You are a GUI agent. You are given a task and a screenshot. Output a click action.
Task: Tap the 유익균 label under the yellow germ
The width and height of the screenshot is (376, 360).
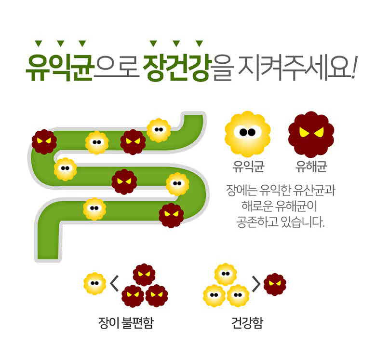point(248,166)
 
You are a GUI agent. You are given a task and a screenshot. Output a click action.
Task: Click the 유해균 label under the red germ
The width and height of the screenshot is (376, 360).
point(311,166)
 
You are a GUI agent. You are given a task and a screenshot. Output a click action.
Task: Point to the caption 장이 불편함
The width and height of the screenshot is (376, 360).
point(126,323)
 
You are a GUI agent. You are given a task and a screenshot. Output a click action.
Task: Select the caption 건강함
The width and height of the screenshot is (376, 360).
point(247,323)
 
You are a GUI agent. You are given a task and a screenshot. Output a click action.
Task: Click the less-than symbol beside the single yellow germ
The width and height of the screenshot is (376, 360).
point(114,283)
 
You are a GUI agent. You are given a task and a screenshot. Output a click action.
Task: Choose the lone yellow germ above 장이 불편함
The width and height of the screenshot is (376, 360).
point(94,283)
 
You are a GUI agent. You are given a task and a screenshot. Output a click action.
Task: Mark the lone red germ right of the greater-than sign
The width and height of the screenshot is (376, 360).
point(275,284)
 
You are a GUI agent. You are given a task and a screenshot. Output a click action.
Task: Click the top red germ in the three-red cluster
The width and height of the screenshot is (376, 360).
point(144,275)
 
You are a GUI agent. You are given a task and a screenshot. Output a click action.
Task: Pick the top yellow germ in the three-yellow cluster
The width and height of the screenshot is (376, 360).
point(226,274)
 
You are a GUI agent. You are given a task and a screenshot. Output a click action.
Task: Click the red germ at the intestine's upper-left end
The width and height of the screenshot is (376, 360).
point(44,142)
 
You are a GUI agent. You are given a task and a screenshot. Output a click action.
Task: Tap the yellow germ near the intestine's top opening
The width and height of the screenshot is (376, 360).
point(159,130)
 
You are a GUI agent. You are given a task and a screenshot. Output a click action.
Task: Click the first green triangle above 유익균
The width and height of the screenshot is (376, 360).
point(39,43)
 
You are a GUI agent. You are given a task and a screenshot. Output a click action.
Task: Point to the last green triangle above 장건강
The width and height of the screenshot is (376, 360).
point(199,43)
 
